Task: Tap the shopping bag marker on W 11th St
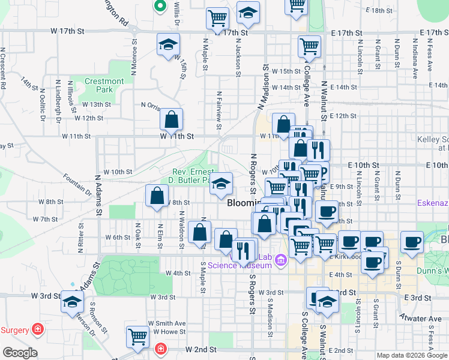pos(172,119)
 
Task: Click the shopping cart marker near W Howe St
pos(137,337)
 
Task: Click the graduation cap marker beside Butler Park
pos(221,184)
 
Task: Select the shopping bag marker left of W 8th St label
pos(157,196)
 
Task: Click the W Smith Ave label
pos(170,323)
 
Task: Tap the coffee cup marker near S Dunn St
pos(412,242)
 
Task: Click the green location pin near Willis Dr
pos(160,7)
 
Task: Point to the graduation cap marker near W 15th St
pos(169,44)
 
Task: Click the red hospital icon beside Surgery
pos(37,329)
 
